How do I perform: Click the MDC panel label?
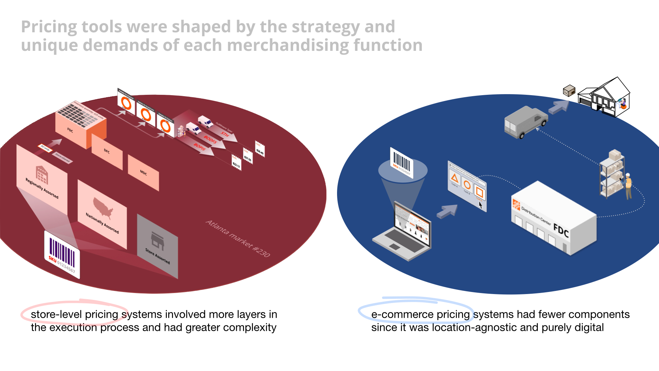[143, 172]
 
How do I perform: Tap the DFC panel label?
[107, 151]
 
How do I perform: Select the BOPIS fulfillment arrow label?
[199, 147]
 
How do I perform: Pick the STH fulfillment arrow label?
[225, 134]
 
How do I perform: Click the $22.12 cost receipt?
[236, 162]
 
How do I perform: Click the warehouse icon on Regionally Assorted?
[42, 175]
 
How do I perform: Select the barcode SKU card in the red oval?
[62, 255]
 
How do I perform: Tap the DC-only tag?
[45, 148]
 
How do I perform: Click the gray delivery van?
[525, 122]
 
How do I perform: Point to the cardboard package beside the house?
[569, 91]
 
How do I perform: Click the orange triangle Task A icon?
[455, 178]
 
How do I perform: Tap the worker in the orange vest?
[628, 186]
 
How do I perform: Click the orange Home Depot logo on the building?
[516, 204]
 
